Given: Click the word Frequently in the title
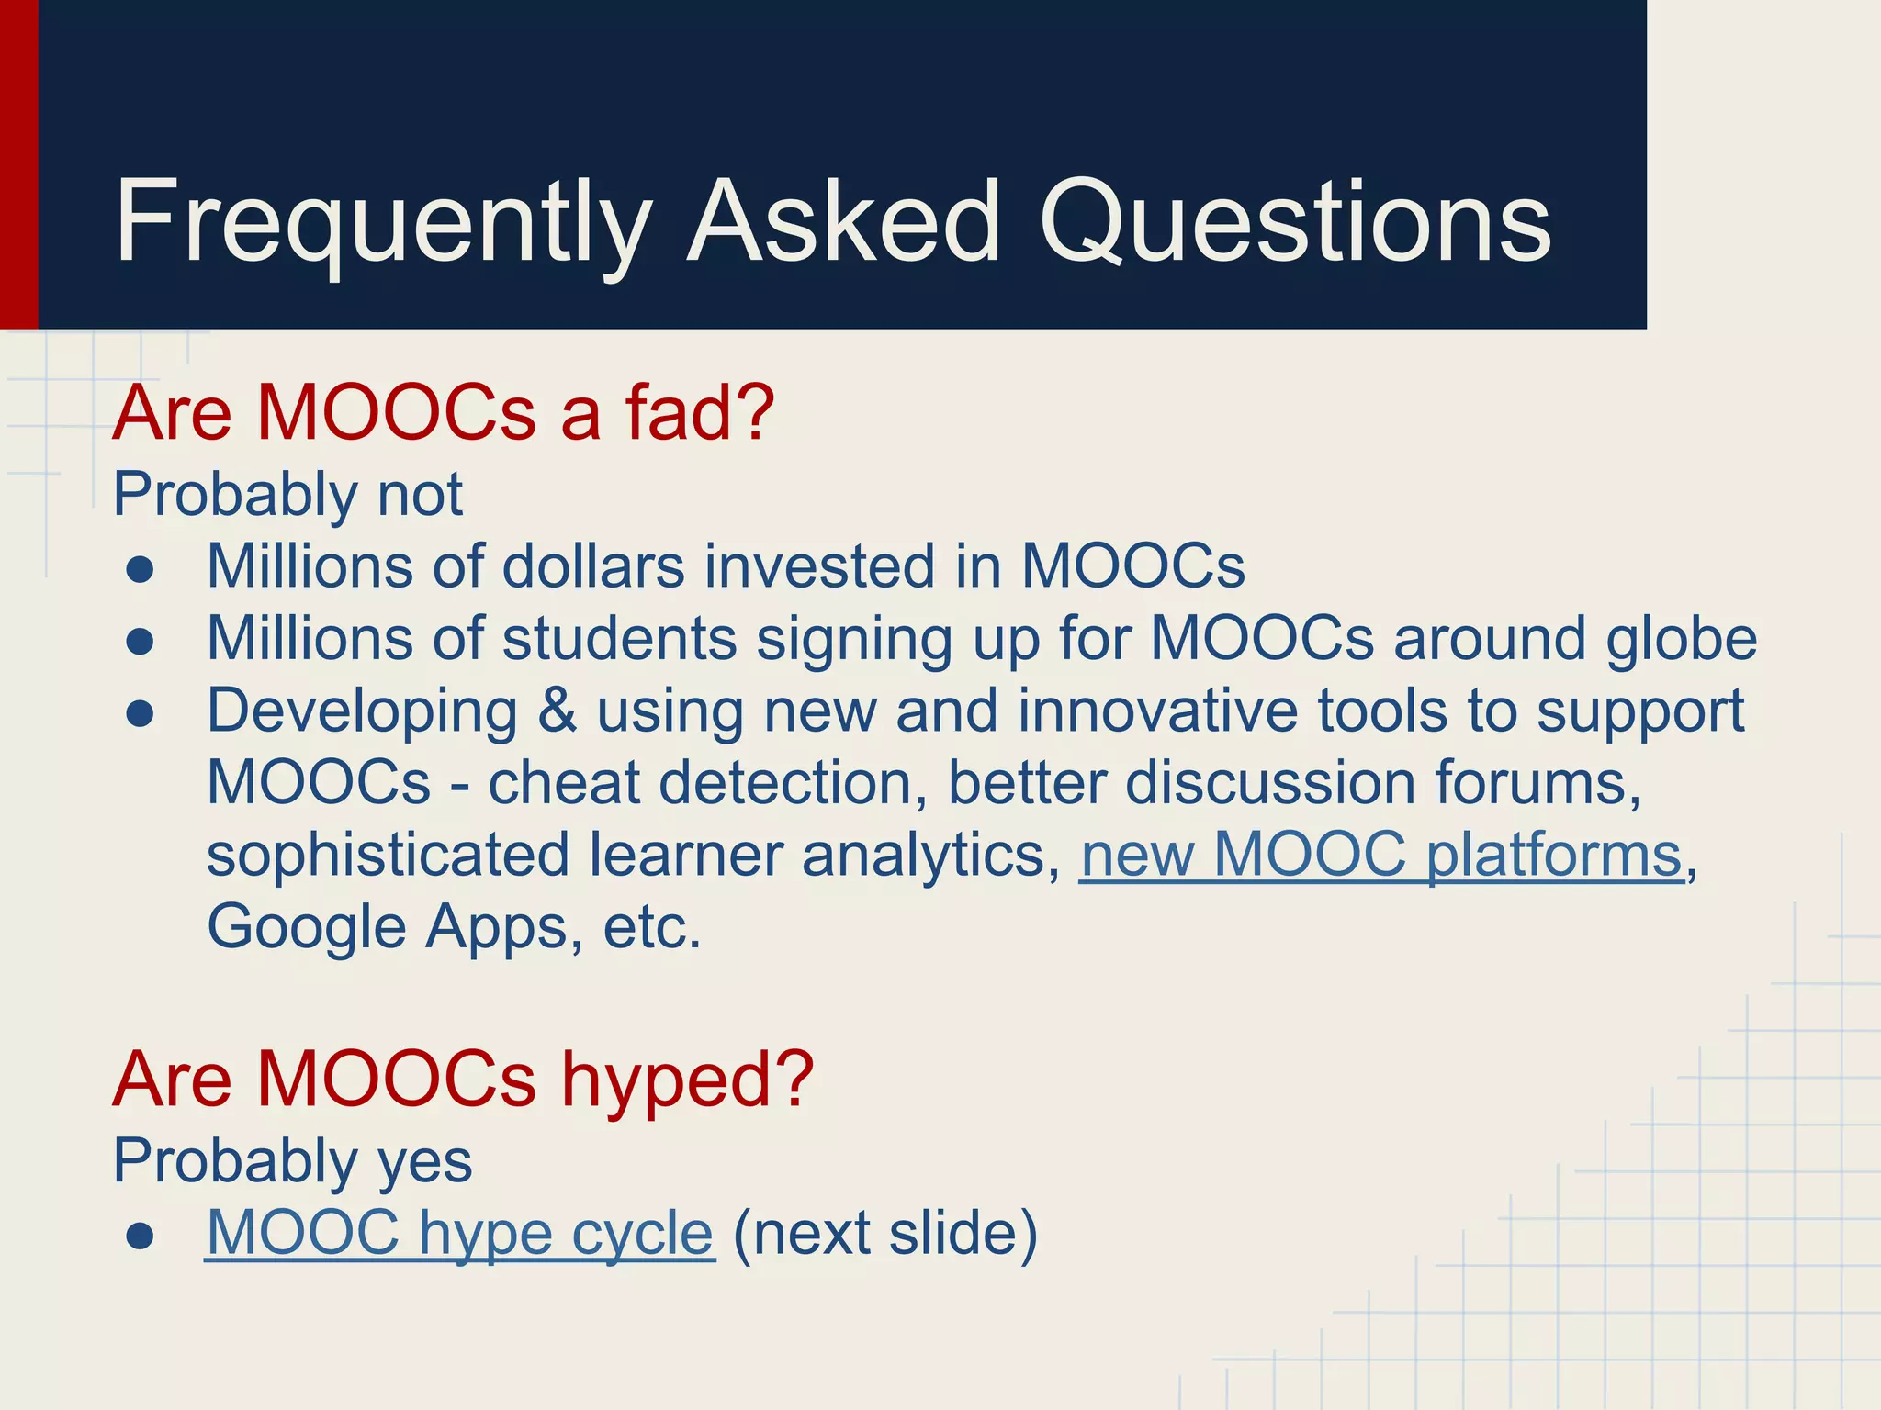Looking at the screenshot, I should (x=381, y=223).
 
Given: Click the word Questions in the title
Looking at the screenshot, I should (x=1295, y=223).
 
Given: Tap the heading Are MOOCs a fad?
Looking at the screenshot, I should (x=444, y=413).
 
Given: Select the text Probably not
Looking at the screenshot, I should (x=287, y=494).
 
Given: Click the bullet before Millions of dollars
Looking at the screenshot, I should (x=141, y=570).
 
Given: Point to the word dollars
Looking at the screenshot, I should (x=593, y=565).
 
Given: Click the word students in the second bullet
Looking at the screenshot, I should (x=620, y=638).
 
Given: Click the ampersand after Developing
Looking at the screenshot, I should (x=558, y=711).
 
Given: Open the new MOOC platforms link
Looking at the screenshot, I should (x=1381, y=856).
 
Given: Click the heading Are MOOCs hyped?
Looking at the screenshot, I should (x=463, y=1080).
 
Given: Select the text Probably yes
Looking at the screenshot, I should (x=292, y=1160).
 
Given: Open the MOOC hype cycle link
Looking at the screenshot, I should (x=459, y=1233).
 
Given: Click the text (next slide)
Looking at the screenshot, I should (x=885, y=1233).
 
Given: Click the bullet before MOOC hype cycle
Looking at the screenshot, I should (x=141, y=1237).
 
